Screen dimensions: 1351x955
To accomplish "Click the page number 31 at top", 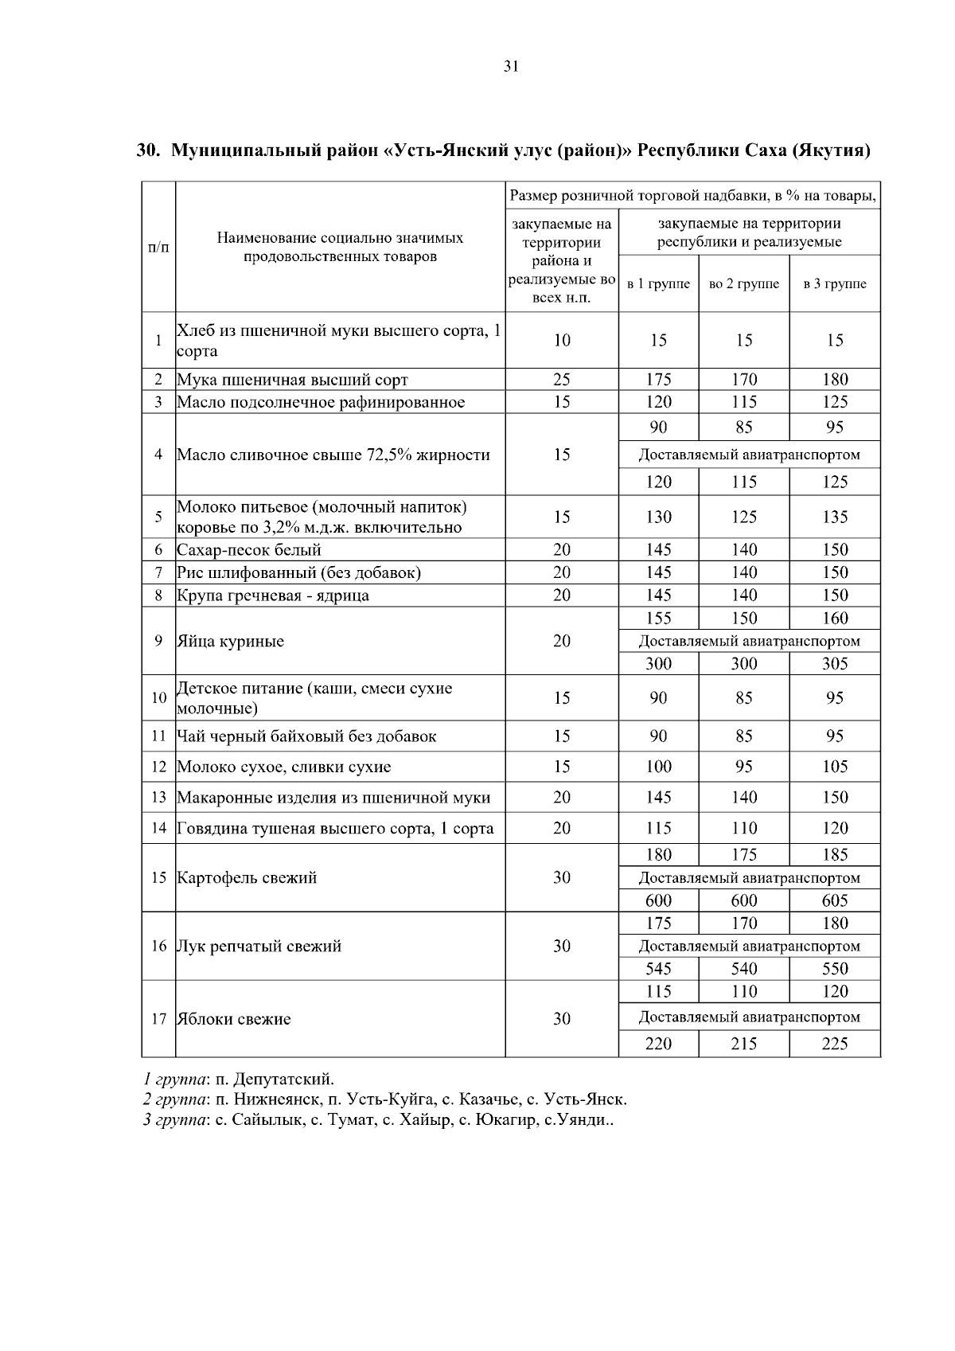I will click(511, 67).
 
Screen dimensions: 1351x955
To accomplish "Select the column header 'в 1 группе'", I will click(658, 284).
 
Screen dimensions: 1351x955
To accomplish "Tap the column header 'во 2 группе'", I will click(744, 284).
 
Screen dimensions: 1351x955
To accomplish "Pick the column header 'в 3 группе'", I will click(835, 284).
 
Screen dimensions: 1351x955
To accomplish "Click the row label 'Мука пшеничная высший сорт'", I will click(292, 380).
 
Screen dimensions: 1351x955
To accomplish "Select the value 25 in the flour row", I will click(562, 380).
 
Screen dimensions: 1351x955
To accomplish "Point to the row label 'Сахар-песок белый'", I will click(249, 549).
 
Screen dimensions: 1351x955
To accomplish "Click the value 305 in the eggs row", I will click(835, 664).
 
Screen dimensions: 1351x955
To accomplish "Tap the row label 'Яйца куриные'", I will click(230, 642).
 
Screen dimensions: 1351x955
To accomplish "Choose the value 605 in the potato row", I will click(835, 900).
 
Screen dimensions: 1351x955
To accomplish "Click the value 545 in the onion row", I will click(658, 969).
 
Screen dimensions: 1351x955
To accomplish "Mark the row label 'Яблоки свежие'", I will click(233, 1019).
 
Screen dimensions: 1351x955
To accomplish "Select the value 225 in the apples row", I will click(835, 1044).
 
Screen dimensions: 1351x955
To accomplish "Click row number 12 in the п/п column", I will click(158, 767).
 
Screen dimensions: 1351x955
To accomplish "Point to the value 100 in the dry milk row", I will click(658, 767).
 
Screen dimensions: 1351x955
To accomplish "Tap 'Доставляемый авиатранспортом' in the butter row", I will click(750, 455).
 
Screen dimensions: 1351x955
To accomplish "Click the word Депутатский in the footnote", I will click(283, 1080).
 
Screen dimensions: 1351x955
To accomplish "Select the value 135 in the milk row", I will click(835, 517).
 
